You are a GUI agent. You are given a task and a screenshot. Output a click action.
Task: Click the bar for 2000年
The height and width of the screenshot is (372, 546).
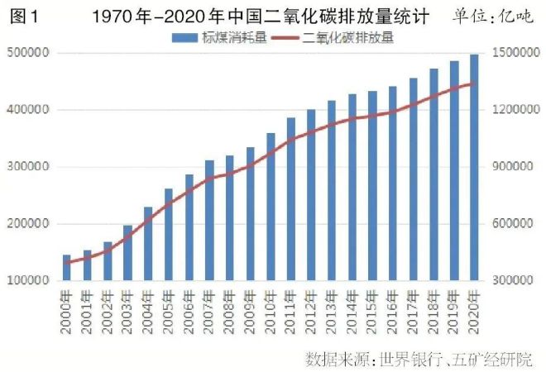click(67, 268)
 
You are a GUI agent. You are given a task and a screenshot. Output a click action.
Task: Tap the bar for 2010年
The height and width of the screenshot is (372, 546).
click(271, 207)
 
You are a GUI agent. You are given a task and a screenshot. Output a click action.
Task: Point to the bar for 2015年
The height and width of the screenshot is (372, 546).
click(372, 186)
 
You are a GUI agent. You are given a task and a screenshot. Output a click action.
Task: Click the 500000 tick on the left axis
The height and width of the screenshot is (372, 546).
click(30, 53)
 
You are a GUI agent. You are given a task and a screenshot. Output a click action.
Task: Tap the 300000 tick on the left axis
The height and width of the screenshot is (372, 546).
click(30, 167)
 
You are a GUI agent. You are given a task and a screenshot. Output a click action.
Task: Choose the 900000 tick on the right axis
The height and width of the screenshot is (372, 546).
click(511, 167)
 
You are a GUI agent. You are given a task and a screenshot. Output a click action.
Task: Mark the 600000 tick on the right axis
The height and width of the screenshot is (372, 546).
click(511, 224)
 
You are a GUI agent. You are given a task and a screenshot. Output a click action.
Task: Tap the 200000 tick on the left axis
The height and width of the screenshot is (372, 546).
click(30, 224)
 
